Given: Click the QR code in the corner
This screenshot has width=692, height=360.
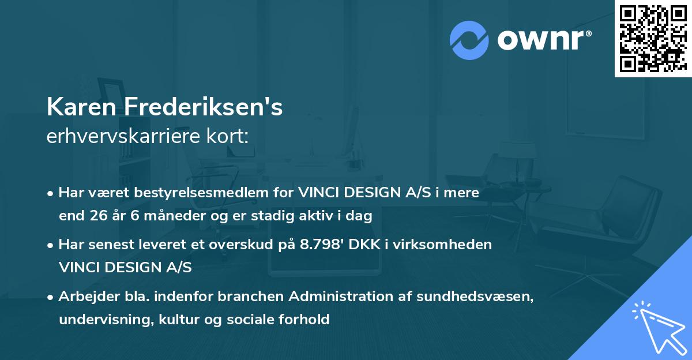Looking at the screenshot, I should [x=653, y=39].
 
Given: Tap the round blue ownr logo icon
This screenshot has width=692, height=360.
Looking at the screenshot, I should [x=469, y=40].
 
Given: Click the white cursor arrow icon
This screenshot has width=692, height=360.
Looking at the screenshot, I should [x=658, y=325].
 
